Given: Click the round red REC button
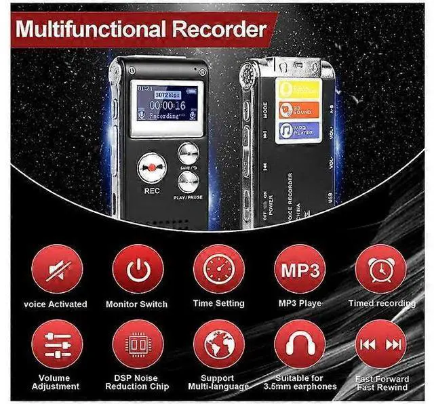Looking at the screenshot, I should pyautogui.click(x=151, y=167).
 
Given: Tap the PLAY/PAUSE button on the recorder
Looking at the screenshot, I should pyautogui.click(x=188, y=181).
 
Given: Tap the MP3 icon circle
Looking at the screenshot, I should pyautogui.click(x=299, y=269).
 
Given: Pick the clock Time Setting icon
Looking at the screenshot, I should pyautogui.click(x=218, y=269).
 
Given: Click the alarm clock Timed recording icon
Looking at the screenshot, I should pyautogui.click(x=380, y=269).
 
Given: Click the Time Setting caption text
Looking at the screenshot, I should pyautogui.click(x=218, y=304).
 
